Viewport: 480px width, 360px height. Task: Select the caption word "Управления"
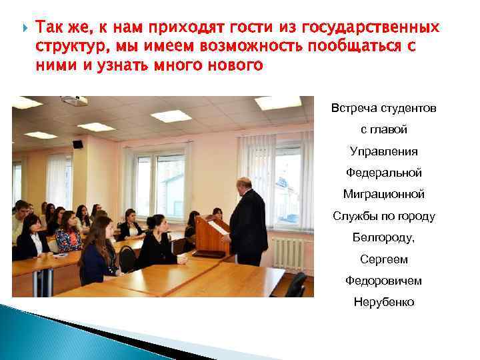[383, 151]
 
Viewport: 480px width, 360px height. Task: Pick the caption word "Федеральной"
[383, 173]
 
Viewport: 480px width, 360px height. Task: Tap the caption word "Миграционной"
[383, 194]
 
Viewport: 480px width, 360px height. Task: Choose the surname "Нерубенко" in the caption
[383, 302]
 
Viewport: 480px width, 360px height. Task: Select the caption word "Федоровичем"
[383, 281]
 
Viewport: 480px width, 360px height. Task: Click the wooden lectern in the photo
[213, 237]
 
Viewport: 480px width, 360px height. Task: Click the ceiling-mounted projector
[74, 101]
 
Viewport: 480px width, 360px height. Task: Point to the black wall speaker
[77, 143]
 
